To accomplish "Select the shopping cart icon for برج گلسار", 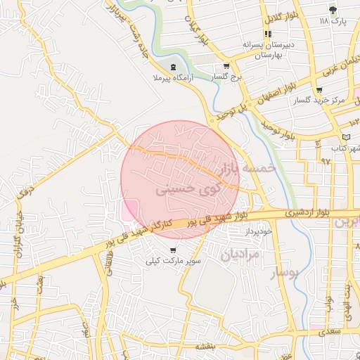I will pos(216,67).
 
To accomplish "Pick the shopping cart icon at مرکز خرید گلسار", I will pos(319,89).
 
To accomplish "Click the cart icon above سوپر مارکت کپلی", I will pos(173,250).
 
